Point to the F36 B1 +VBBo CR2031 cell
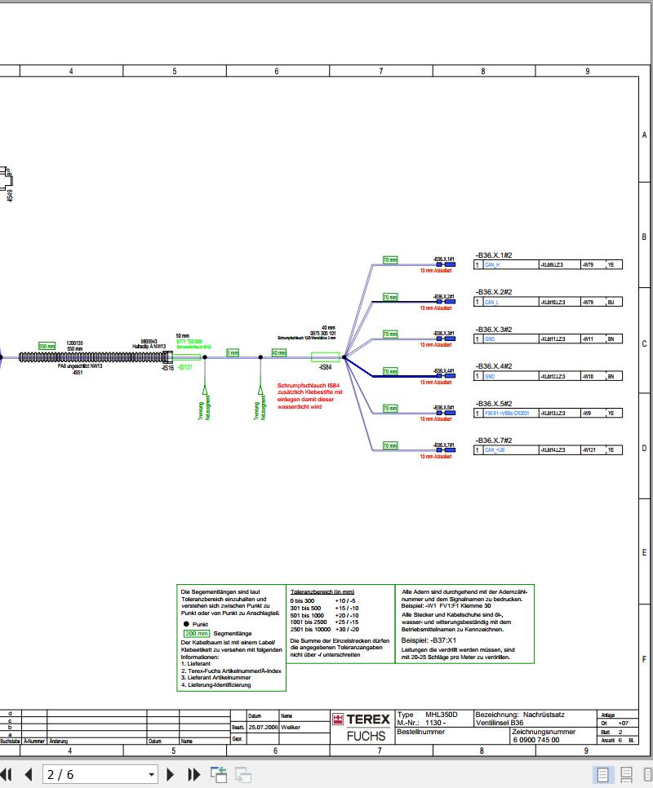pos(506,414)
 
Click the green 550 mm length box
pos(47,346)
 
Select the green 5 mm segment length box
pos(233,352)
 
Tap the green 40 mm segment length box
pos(279,352)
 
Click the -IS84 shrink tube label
pos(326,367)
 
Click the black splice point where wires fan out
pos(344,356)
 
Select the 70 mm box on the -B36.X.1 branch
pos(390,259)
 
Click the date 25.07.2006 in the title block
pos(263,727)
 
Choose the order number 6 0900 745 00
pos(536,740)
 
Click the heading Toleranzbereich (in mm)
pos(322,591)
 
